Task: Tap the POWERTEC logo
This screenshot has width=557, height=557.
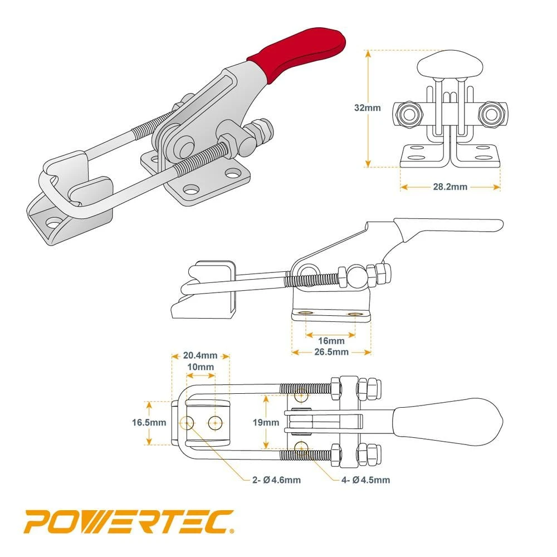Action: click(129, 523)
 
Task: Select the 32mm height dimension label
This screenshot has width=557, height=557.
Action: click(368, 108)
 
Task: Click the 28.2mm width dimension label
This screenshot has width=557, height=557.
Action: click(450, 187)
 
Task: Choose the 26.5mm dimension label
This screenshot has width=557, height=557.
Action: click(332, 352)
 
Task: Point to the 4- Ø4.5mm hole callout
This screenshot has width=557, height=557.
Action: click(367, 480)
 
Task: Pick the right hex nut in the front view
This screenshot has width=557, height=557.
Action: click(490, 113)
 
